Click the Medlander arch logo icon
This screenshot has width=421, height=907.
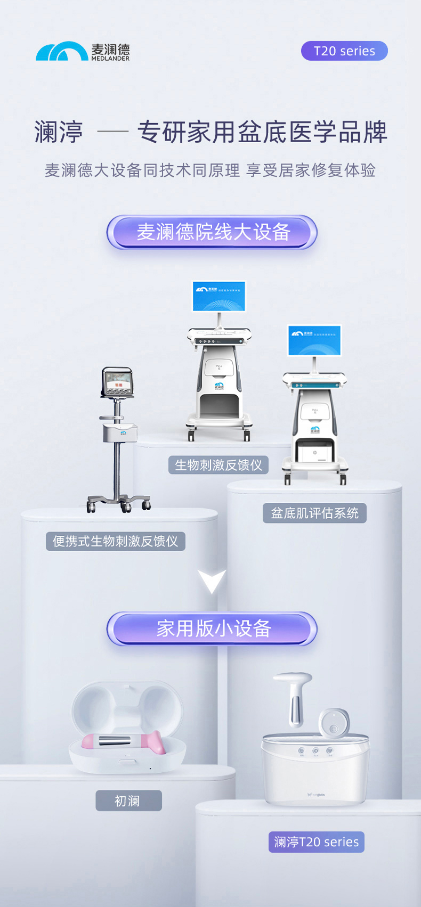[61, 52]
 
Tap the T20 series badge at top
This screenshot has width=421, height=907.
[344, 51]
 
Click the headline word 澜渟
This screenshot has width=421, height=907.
[59, 132]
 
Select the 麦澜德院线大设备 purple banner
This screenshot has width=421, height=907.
[212, 232]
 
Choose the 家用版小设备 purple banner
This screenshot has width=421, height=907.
[212, 628]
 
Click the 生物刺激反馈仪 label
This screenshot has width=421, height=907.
[218, 465]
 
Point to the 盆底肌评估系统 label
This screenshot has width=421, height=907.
[314, 513]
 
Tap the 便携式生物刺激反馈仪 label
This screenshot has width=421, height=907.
[115, 541]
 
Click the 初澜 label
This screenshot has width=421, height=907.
[128, 800]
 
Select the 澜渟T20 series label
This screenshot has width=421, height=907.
[316, 842]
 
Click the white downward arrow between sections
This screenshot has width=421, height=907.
[212, 581]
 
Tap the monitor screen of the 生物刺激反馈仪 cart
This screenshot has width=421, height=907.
[218, 296]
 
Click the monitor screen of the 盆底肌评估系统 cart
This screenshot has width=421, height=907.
[314, 340]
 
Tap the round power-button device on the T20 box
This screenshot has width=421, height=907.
[334, 723]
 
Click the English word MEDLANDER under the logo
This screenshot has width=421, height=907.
[110, 59]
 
